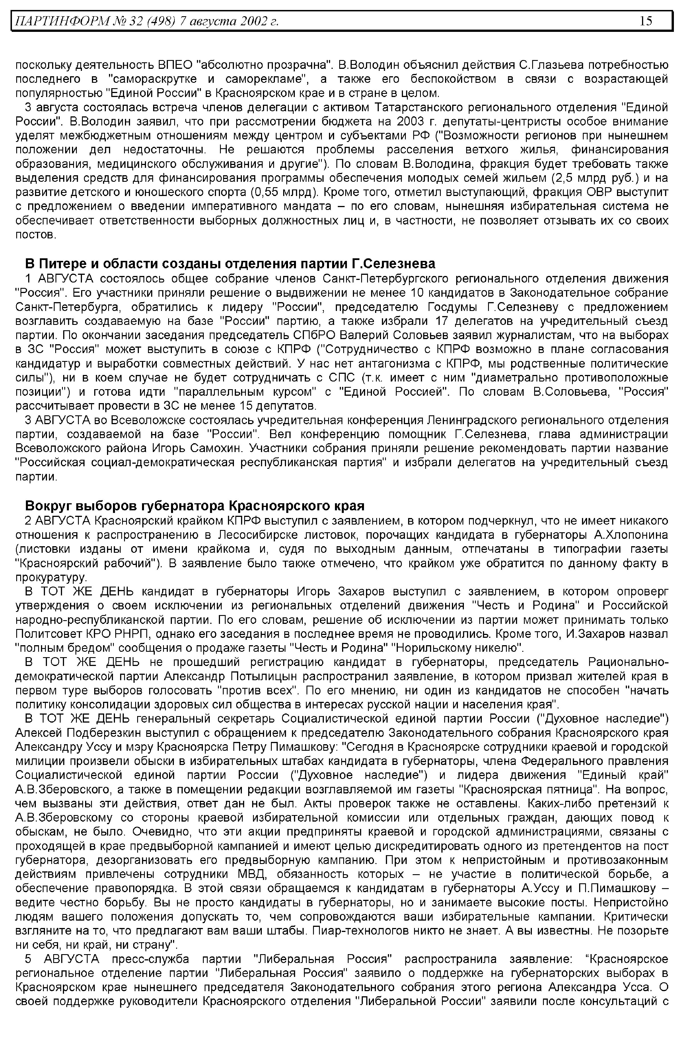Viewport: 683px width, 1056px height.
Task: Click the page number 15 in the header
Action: tap(646, 21)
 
